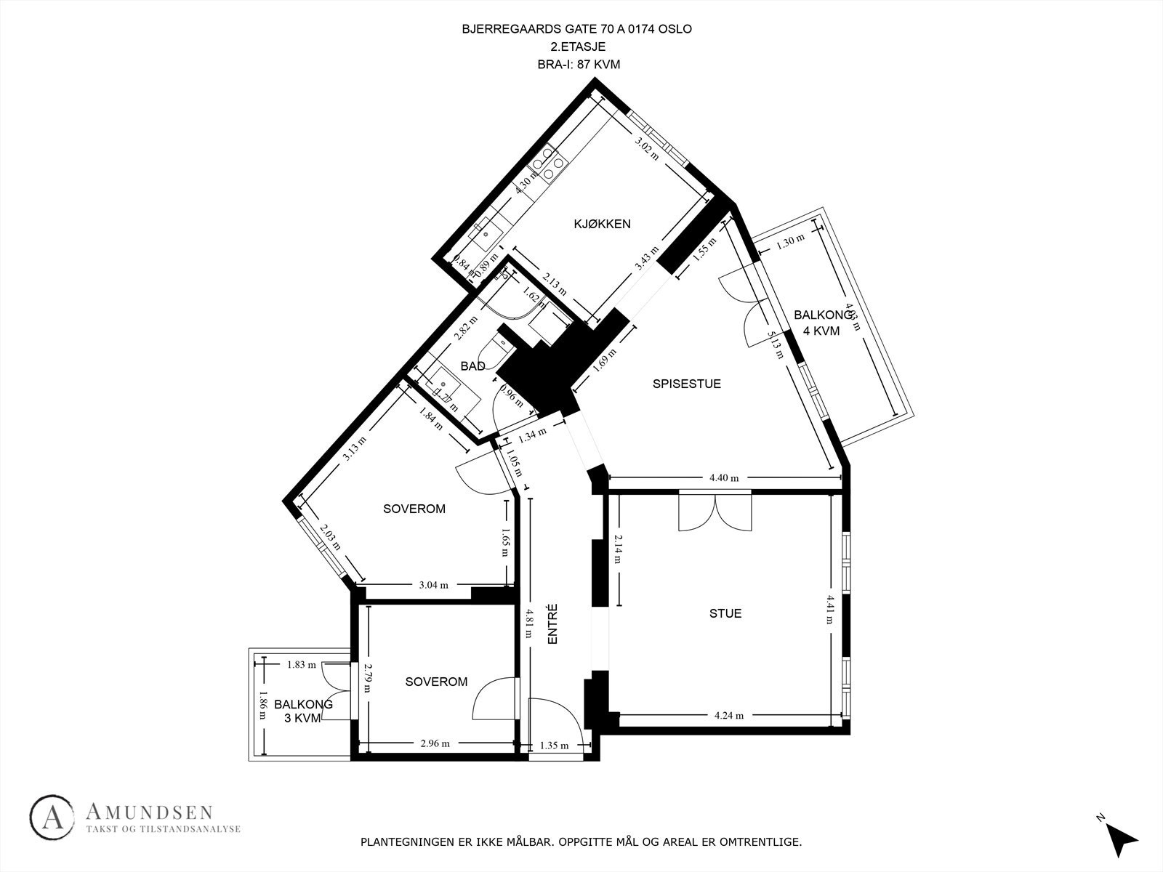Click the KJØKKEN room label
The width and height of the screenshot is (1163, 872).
coord(602,224)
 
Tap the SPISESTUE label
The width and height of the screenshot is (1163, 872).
coord(686,384)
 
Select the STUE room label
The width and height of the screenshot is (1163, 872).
coord(725,613)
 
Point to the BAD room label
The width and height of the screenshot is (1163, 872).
coord(472,366)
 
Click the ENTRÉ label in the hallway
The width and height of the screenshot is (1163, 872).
coord(552,625)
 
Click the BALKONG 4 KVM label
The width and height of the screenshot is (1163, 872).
coord(822,323)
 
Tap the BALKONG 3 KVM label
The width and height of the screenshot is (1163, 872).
coord(303,711)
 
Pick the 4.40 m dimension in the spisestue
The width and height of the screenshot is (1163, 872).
coord(724,477)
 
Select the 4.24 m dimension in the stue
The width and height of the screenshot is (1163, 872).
coord(729,715)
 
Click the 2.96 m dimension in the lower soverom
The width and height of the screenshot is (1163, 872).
coord(435,743)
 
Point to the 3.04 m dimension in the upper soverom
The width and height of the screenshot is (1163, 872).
coord(434,584)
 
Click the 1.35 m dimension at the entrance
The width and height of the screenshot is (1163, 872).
coord(554,745)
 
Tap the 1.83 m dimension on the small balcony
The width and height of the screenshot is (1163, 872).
coord(302,663)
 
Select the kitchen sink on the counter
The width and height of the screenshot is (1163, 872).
coord(486,233)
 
